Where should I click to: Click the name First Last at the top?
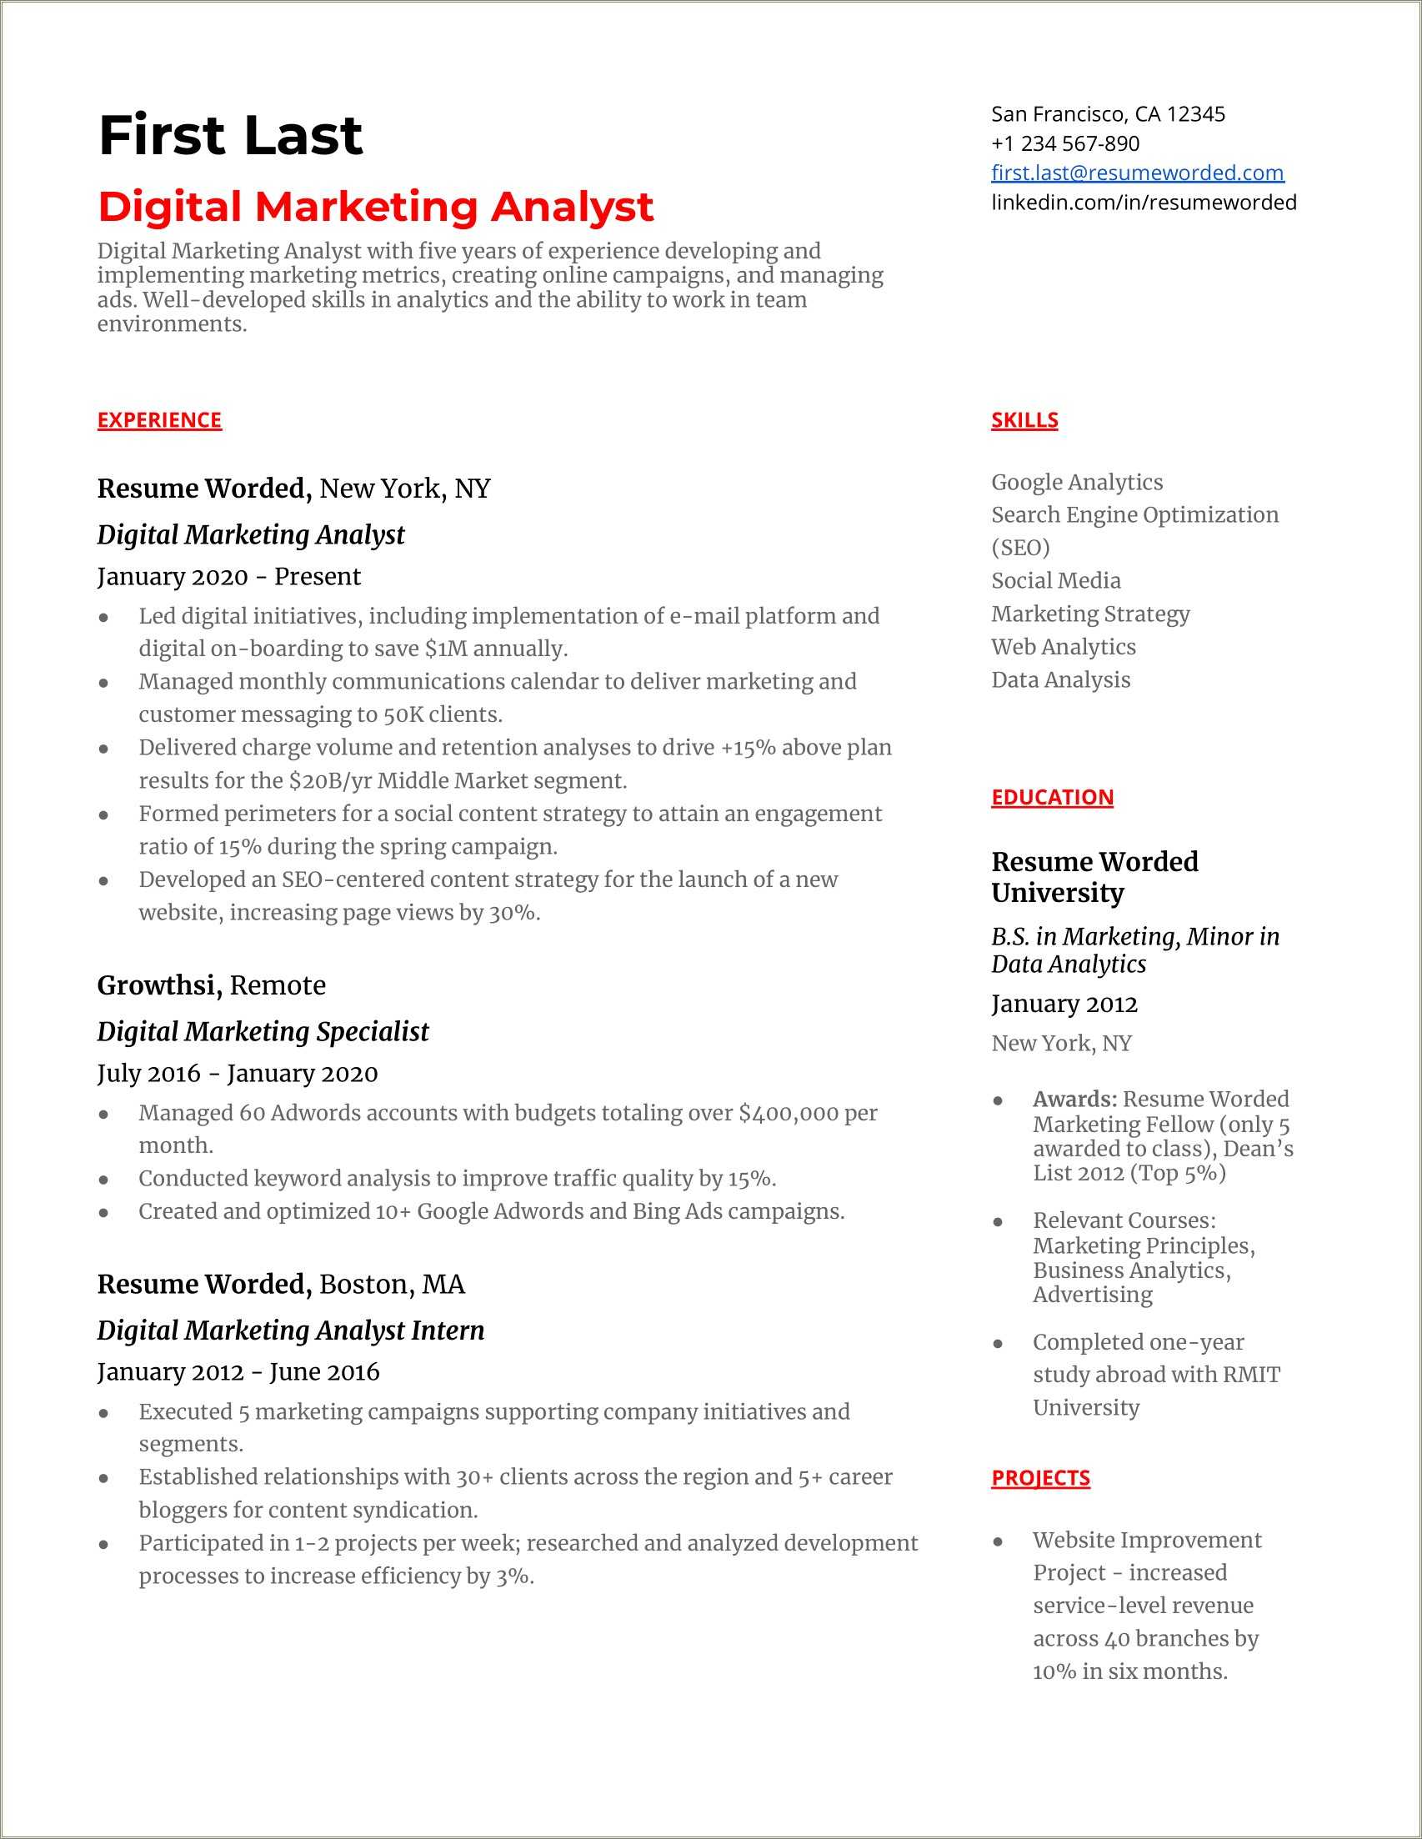click(x=230, y=136)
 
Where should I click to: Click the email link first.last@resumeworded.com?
click(x=1137, y=173)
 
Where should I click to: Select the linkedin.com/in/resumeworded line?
click(x=1143, y=202)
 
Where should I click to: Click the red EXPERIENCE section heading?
click(x=159, y=420)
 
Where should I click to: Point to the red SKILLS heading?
click(x=1024, y=420)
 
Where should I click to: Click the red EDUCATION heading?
click(x=1052, y=798)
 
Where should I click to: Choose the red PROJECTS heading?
click(x=1039, y=1478)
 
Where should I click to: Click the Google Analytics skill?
click(x=1076, y=483)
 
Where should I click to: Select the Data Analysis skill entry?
click(x=1060, y=680)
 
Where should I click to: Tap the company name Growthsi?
click(x=158, y=985)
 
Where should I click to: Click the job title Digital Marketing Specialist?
click(x=263, y=1031)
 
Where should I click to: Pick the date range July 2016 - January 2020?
click(x=238, y=1074)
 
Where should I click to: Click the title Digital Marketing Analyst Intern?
click(x=290, y=1330)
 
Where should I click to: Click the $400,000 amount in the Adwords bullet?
click(x=788, y=1113)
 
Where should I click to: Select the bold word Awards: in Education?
click(x=1074, y=1100)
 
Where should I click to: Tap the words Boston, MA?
click(x=392, y=1284)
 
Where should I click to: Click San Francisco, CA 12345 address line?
click(x=1107, y=114)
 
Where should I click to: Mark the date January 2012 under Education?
click(x=1064, y=1005)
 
